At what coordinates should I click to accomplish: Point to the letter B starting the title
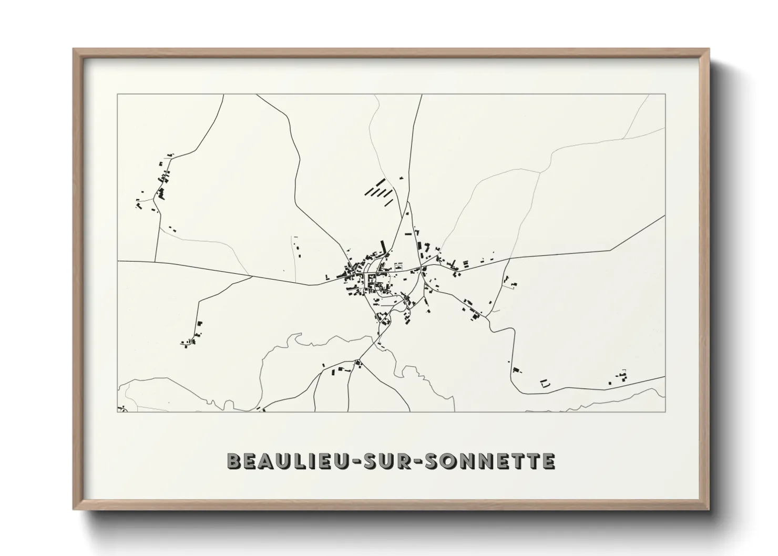[x=234, y=461]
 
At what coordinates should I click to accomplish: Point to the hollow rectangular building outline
[x=545, y=384]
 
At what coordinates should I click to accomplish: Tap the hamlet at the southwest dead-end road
[x=192, y=336]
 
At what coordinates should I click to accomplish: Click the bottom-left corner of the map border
[x=117, y=411]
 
